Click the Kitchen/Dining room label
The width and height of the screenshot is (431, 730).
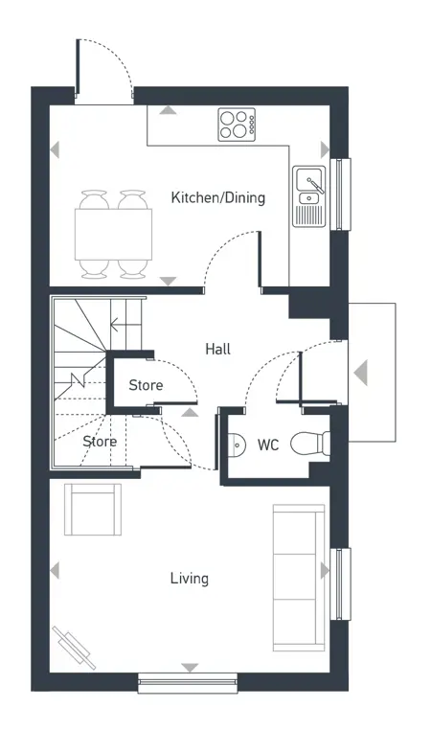[217, 198]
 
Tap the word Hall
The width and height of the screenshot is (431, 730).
[218, 350]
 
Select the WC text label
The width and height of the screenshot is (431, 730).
[268, 445]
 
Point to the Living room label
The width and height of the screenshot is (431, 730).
[190, 579]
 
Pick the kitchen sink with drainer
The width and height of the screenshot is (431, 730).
[308, 195]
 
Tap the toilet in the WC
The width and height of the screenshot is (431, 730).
[310, 444]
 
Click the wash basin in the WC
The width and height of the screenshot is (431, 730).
[236, 444]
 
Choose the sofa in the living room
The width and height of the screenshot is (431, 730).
[298, 576]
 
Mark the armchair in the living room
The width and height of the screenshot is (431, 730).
[93, 509]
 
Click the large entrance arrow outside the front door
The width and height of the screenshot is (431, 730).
[360, 373]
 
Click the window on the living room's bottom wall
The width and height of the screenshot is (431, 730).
[188, 683]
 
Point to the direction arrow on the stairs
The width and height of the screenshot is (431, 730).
[118, 326]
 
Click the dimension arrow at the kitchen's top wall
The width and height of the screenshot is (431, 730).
[169, 111]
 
